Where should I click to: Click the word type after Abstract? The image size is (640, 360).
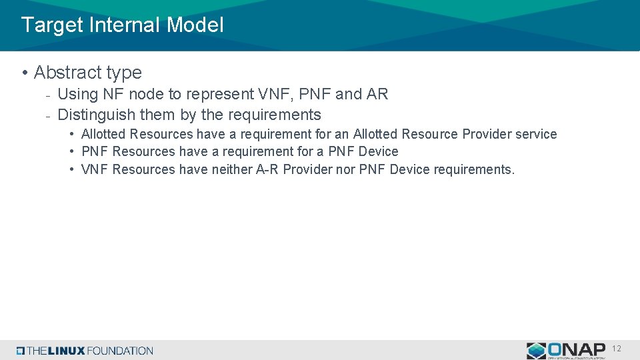125,73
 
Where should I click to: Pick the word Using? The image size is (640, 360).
77,95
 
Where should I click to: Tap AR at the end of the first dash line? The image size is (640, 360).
377,95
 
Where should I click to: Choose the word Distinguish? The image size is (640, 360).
96,115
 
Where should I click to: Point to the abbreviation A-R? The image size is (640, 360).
268,169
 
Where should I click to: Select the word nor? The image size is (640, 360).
346,169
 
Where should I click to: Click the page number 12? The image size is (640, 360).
617,349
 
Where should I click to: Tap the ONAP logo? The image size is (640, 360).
566,350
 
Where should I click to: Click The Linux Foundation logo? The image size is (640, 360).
85,351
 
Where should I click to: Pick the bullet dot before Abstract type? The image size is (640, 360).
24,73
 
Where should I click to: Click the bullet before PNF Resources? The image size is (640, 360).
72,152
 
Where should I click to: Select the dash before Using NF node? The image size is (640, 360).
48,95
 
